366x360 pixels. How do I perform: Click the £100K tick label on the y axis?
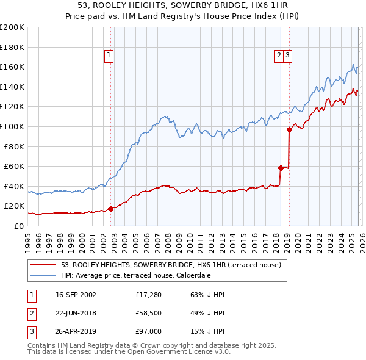12,126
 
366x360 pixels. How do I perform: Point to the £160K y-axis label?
12,67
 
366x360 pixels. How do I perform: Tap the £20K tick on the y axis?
14,206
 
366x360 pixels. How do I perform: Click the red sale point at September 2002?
111,209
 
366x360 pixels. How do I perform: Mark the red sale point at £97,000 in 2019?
289,129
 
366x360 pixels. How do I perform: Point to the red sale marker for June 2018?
281,168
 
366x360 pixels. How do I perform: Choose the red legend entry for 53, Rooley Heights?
171,265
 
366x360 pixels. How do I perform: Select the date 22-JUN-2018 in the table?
76,313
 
